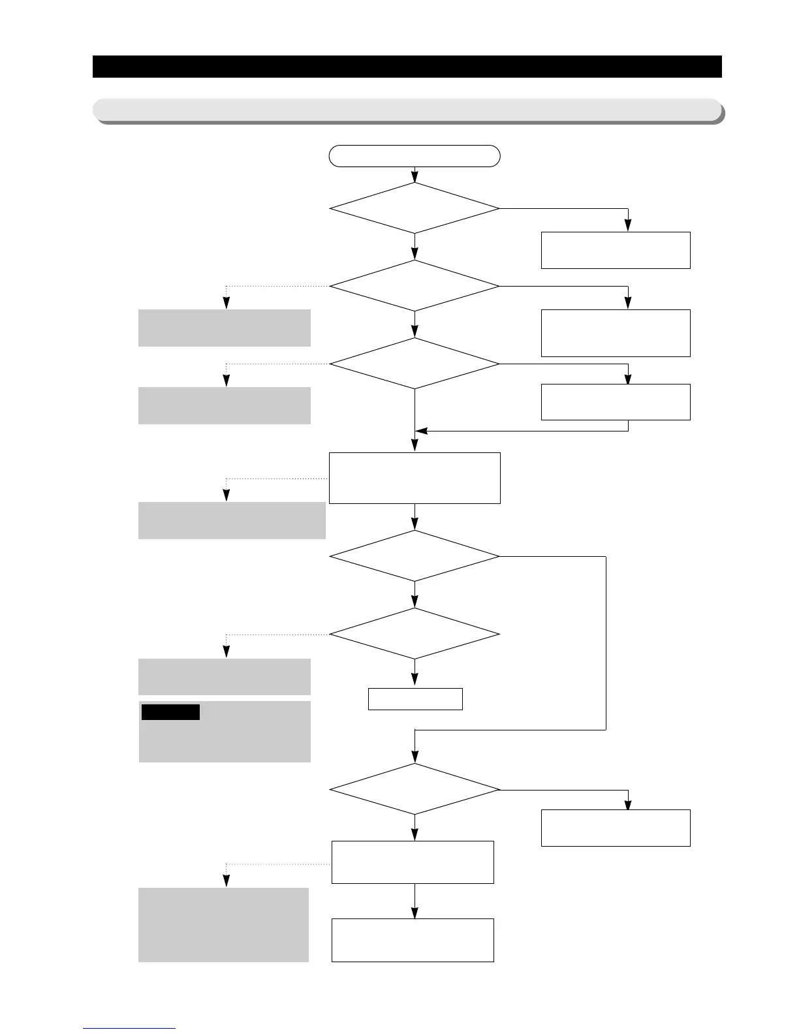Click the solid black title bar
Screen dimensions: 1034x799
click(x=407, y=67)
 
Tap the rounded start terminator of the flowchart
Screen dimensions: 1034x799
click(x=415, y=156)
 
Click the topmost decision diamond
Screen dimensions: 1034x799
click(x=415, y=208)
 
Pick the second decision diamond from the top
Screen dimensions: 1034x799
click(x=415, y=286)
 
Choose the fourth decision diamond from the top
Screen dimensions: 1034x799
click(x=415, y=556)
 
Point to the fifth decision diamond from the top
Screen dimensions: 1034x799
click(x=415, y=634)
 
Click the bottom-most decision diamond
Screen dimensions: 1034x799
click(x=415, y=789)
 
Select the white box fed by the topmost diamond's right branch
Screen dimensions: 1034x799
click(x=616, y=250)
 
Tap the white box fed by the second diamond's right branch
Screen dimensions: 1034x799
click(x=616, y=333)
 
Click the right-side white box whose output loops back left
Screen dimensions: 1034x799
click(x=616, y=401)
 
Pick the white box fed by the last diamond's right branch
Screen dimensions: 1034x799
click(x=616, y=828)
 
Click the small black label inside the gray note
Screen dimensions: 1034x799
click(x=170, y=712)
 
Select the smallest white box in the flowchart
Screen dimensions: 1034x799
click(x=415, y=699)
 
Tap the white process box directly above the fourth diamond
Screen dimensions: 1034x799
click(x=415, y=478)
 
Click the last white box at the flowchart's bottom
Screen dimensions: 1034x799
click(x=413, y=940)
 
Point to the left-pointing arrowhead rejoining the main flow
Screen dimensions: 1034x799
click(x=421, y=431)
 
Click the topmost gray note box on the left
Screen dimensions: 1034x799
click(x=224, y=328)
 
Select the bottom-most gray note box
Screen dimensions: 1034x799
click(x=223, y=924)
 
